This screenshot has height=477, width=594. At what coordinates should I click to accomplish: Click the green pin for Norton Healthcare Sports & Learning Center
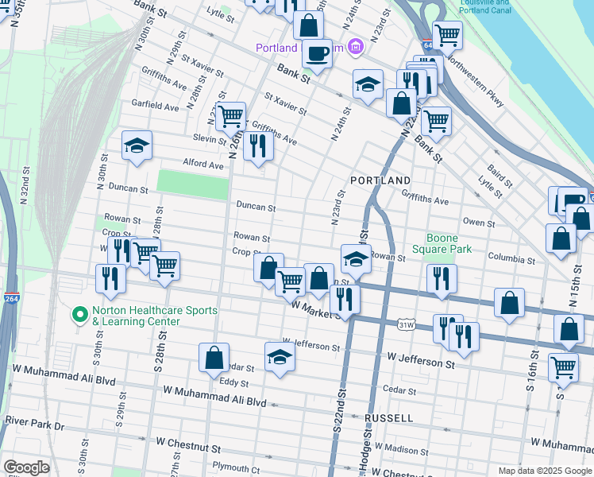point(79,316)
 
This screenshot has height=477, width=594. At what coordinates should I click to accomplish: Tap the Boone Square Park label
point(449,243)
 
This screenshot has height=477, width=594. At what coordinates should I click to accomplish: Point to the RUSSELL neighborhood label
point(388,417)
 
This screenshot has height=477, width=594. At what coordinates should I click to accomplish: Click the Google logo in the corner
point(26,467)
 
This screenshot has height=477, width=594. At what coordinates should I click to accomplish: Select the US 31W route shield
point(407,324)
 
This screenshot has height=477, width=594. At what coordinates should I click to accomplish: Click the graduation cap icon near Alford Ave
point(137,145)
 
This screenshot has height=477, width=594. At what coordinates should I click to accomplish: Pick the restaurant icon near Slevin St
point(258,145)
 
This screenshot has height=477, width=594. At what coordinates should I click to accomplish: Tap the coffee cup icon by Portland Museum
point(317,53)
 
